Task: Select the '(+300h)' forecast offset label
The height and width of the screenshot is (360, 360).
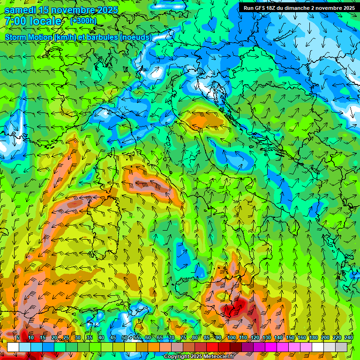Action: pyautogui.click(x=83, y=21)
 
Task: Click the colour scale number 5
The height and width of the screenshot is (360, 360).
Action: pyautogui.click(x=18, y=337)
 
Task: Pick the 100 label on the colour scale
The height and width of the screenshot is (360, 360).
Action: pyautogui.click(x=231, y=337)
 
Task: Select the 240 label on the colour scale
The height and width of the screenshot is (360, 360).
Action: pyautogui.click(x=349, y=337)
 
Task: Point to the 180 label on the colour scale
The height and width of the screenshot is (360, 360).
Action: pyautogui.click(x=313, y=337)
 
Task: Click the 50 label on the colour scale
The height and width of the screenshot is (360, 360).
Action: pyautogui.click(x=125, y=337)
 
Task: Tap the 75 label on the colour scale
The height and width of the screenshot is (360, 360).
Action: pyautogui.click(x=183, y=337)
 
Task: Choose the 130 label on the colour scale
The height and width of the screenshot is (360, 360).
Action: pyautogui.click(x=266, y=337)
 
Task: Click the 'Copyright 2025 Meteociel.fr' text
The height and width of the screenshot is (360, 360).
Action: pyautogui.click(x=199, y=357)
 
